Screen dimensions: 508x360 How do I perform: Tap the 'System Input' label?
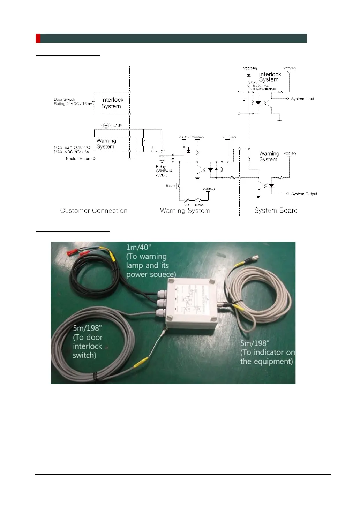coord(302,99)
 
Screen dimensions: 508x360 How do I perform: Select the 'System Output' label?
coord(304,194)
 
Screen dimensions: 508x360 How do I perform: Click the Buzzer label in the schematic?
coord(171,186)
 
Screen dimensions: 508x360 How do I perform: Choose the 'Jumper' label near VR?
coord(199,205)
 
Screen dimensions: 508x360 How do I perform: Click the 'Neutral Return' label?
coord(78,159)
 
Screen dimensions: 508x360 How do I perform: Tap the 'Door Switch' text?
coord(64,99)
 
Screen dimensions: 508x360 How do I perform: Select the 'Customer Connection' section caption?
coord(93,211)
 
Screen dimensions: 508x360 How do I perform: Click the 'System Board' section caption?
coord(276,211)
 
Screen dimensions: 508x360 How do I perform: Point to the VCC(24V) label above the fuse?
coord(250,69)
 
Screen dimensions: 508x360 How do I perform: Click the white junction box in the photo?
coord(192,303)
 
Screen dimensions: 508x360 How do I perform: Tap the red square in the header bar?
coord(38,38)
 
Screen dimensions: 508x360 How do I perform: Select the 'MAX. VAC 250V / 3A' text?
coord(72,148)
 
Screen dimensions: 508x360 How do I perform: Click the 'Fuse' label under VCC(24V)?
coord(254,83)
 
